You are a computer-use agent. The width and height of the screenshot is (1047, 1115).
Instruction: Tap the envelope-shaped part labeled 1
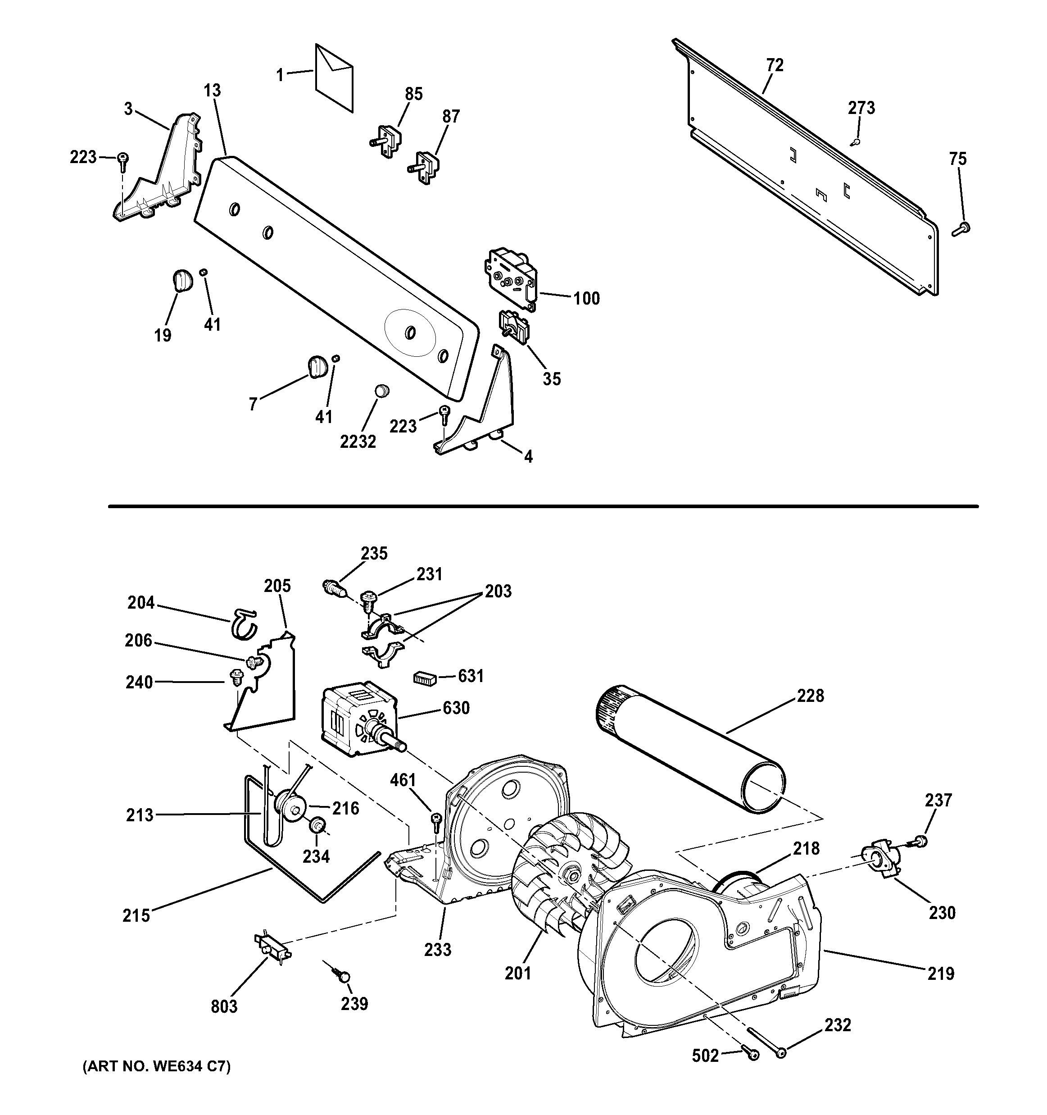(x=334, y=77)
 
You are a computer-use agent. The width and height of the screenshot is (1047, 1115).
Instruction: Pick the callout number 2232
(x=358, y=442)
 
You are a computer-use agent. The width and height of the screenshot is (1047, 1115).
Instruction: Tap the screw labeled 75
(x=962, y=228)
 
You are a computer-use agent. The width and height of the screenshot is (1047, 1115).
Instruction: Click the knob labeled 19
(x=181, y=280)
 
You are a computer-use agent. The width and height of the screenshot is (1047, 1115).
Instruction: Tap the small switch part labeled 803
(x=272, y=948)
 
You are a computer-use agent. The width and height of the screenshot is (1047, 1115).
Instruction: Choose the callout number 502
(x=705, y=1056)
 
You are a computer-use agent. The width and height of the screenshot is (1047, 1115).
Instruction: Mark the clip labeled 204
(x=244, y=623)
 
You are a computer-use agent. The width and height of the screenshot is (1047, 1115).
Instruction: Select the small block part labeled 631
(x=424, y=678)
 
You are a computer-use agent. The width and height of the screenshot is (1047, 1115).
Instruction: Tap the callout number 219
(x=941, y=974)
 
